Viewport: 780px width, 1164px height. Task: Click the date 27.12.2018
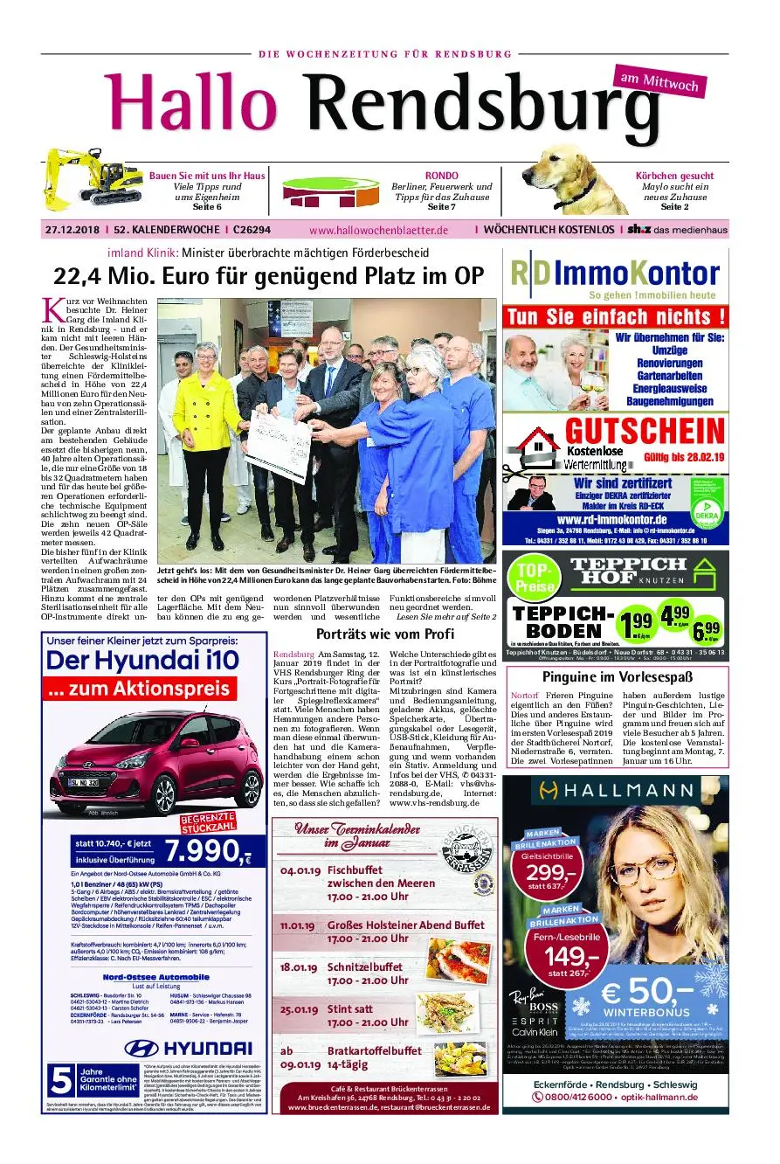point(72,230)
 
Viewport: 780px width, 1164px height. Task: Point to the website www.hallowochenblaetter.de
point(378,230)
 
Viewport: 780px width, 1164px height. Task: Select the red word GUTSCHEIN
point(644,431)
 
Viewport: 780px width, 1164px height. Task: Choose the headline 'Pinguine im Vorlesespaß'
point(617,676)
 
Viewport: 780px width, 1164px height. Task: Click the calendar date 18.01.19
point(300,967)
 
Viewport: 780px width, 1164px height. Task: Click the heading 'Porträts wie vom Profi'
point(384,634)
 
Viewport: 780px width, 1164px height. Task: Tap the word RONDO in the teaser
point(441,176)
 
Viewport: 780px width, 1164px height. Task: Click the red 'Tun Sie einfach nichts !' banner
point(616,315)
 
